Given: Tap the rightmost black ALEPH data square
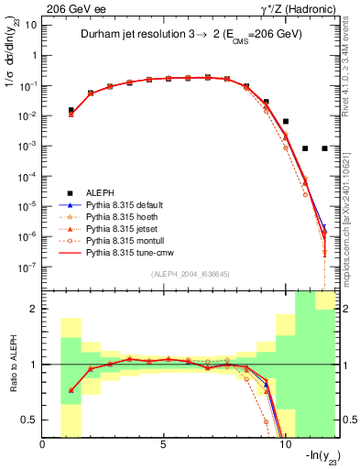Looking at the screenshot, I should click(x=324, y=148).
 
